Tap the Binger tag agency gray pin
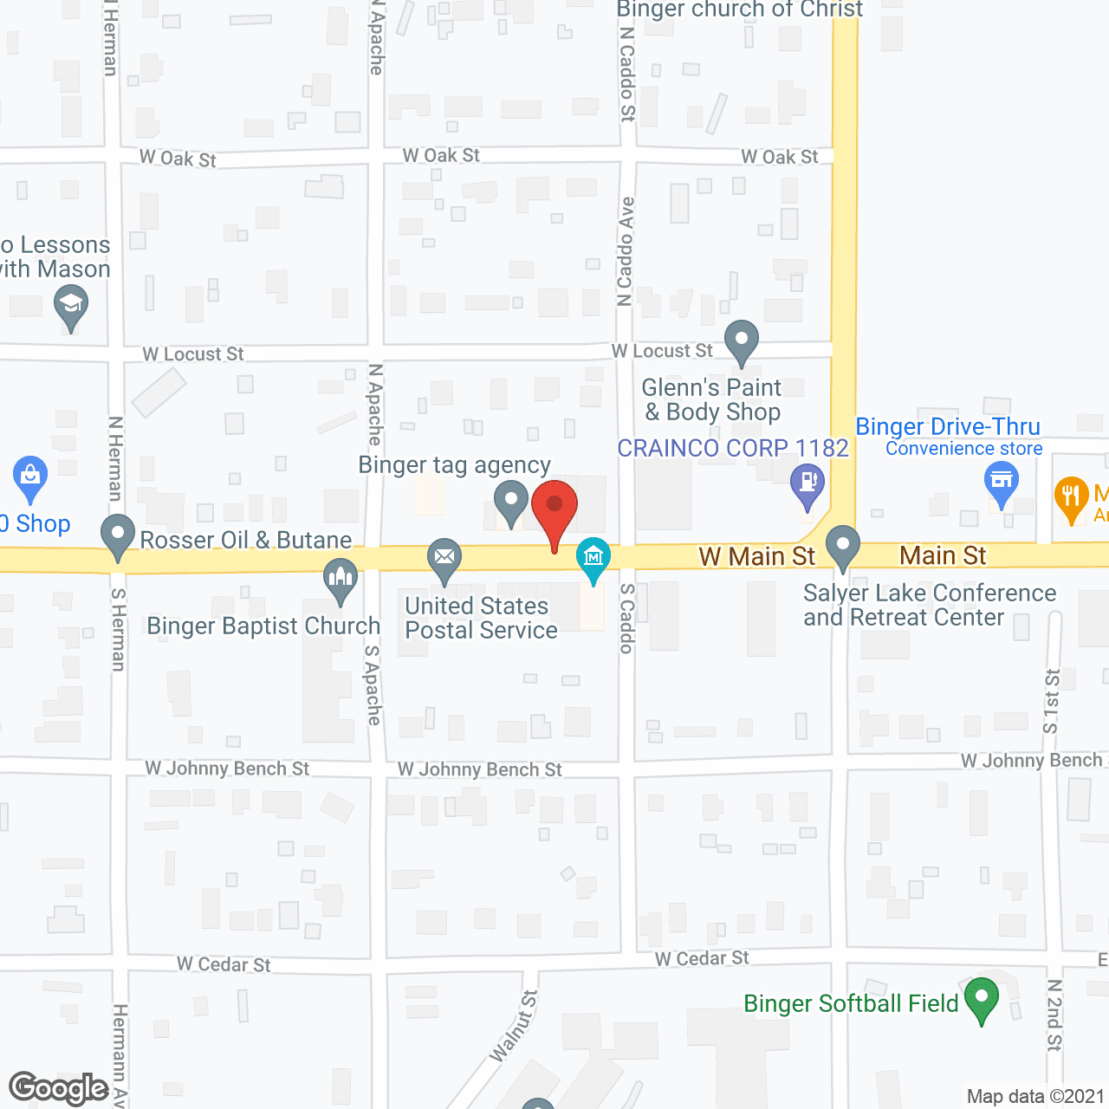[x=511, y=502]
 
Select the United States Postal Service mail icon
[x=444, y=557]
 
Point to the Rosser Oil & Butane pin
[x=118, y=535]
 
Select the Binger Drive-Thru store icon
[x=1002, y=481]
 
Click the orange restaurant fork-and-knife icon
[x=1072, y=497]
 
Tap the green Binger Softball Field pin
[x=982, y=997]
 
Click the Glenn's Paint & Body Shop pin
[x=741, y=340]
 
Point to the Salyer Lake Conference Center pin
[x=842, y=547]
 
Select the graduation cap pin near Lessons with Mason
[x=71, y=306]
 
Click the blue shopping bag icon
[x=30, y=476]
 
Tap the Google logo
[x=59, y=1088]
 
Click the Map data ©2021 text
[x=1035, y=1097]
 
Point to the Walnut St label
[x=513, y=1026]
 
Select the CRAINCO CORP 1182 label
[x=732, y=448]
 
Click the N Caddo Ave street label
[x=626, y=251]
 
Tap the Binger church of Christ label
[x=739, y=10]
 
